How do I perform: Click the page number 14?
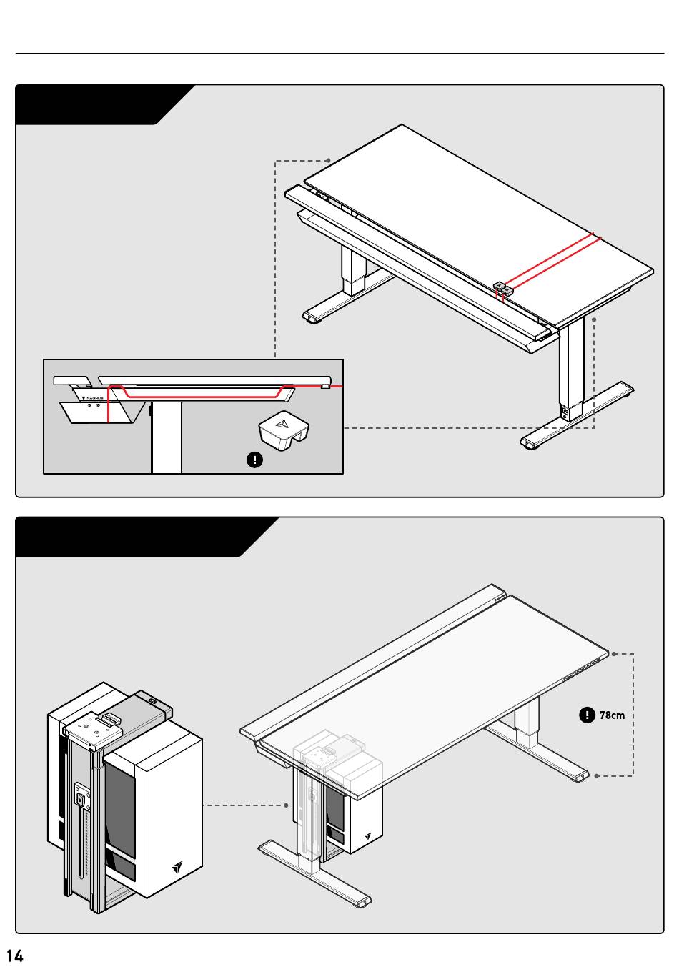pyautogui.click(x=15, y=956)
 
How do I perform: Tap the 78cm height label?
pyautogui.click(x=612, y=715)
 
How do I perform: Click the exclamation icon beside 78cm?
pyautogui.click(x=588, y=714)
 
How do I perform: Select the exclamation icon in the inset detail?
pyautogui.click(x=254, y=460)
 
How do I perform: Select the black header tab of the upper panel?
pyautogui.click(x=100, y=104)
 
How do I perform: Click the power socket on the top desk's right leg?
pyautogui.click(x=566, y=412)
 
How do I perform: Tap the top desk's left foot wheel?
pyautogui.click(x=312, y=319)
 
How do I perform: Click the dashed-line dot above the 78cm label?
pyautogui.click(x=614, y=653)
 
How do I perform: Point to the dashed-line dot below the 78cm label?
pyautogui.click(x=597, y=775)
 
